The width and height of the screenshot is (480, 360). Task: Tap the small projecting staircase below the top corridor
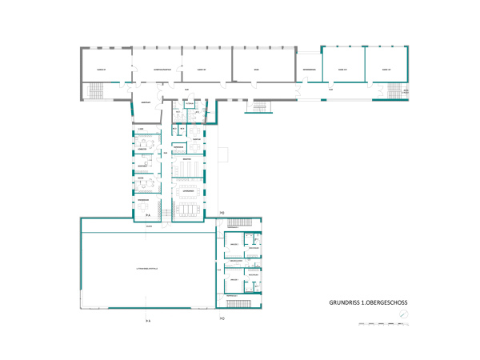pos(259,106)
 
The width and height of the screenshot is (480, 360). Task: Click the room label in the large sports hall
pos(147,269)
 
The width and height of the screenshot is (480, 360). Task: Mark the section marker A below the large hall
pos(147,320)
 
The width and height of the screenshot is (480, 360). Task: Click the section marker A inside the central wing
pos(147,214)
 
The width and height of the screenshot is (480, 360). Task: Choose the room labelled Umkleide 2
pos(234,244)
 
